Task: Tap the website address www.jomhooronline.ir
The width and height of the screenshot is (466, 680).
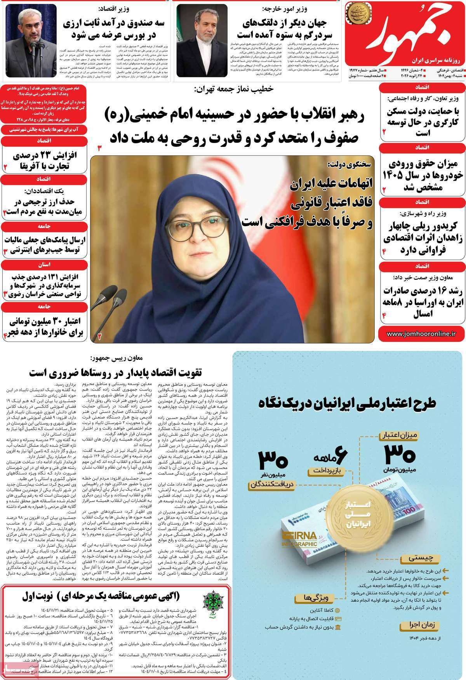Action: [421, 333]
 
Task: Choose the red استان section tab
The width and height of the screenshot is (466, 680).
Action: [43, 265]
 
